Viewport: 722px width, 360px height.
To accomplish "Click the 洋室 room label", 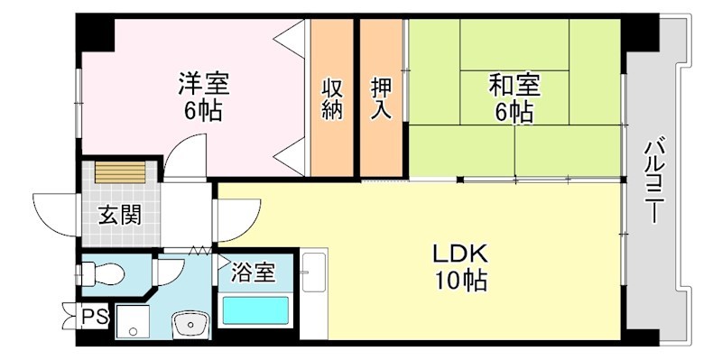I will click(203, 85).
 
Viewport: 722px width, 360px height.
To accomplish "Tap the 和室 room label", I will click(514, 86).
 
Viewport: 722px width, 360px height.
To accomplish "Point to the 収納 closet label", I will click(333, 99).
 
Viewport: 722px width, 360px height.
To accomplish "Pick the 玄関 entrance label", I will click(119, 217).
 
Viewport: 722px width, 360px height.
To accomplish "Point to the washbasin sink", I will click(190, 323).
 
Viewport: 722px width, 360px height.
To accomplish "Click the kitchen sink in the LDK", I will click(313, 272).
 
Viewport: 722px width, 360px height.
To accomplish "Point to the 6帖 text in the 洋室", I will click(203, 112).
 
